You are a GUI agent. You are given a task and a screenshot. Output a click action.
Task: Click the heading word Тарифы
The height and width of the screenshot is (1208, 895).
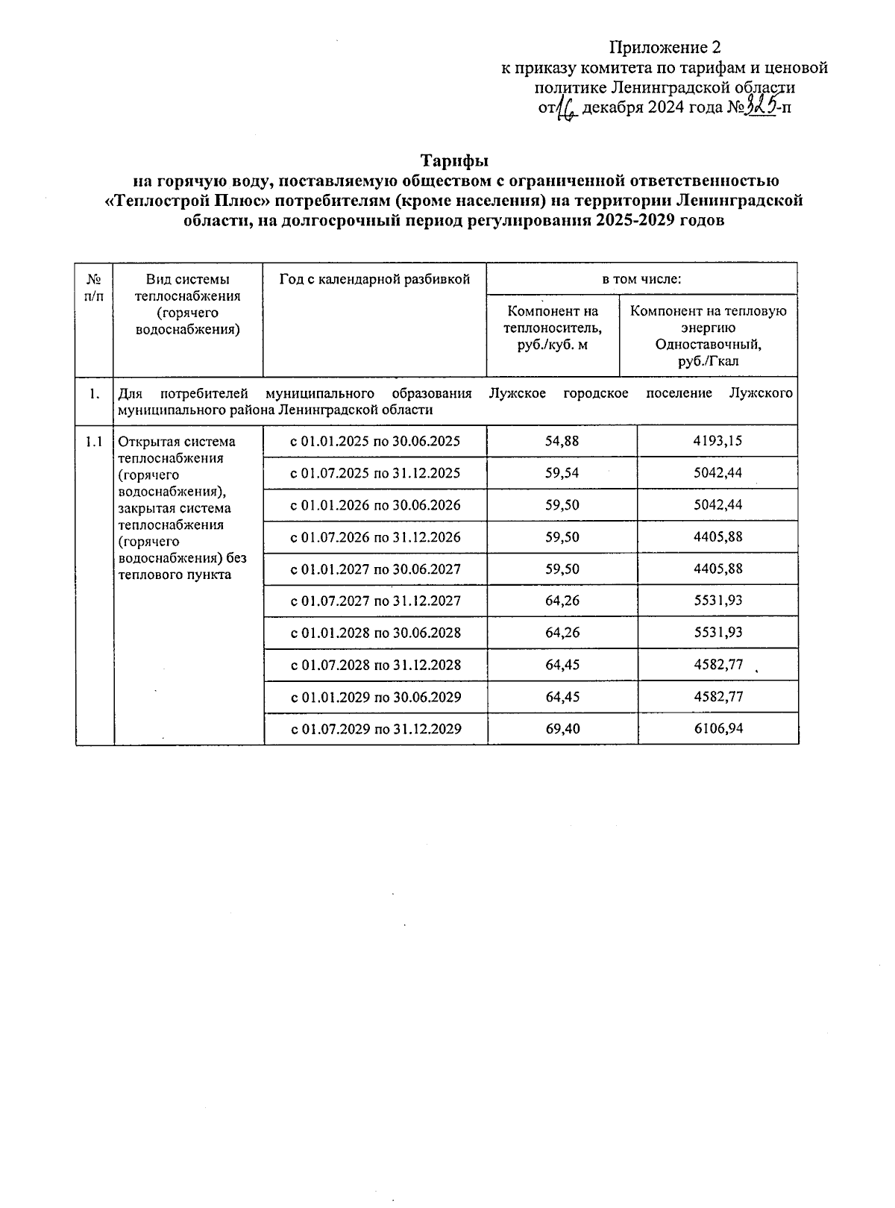[454, 161]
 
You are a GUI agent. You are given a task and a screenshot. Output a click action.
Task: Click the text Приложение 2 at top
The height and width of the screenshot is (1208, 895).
[665, 48]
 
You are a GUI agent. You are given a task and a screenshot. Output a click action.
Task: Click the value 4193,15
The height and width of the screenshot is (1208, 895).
[717, 440]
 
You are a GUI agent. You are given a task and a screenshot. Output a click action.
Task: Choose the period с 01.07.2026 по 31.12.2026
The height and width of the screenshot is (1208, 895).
[375, 537]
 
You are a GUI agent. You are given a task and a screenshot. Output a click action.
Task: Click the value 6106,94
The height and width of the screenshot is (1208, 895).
[717, 728]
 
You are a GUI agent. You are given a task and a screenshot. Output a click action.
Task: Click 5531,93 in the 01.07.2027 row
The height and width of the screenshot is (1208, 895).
[717, 601]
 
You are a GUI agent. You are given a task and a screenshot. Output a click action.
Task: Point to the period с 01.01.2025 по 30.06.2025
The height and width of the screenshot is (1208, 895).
[375, 441]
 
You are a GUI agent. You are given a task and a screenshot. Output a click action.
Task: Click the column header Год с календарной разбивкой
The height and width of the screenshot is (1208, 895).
[374, 280]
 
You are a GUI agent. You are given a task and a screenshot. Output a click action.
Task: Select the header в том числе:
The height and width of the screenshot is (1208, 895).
[641, 280]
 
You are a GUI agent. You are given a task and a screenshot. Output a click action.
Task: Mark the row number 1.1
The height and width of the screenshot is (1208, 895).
[94, 442]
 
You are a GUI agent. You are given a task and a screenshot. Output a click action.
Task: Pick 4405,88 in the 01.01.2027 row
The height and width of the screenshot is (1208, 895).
[717, 569]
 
